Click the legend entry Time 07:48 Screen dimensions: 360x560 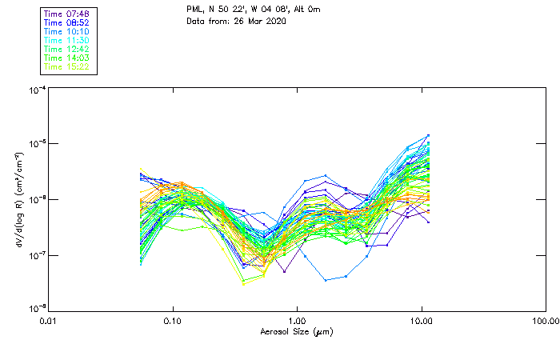pyautogui.click(x=67, y=14)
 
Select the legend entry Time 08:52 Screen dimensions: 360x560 pyautogui.click(x=67, y=22)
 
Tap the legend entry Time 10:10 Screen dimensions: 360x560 pyautogui.click(x=67, y=31)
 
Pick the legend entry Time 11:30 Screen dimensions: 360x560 pyautogui.click(x=67, y=40)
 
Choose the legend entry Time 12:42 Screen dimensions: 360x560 pyautogui.click(x=67, y=49)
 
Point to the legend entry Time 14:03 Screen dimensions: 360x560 pyautogui.click(x=67, y=58)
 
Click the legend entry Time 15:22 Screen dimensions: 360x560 pyautogui.click(x=67, y=66)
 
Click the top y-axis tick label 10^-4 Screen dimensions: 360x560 pyautogui.click(x=36, y=90)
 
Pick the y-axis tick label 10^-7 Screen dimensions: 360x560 pyautogui.click(x=36, y=255)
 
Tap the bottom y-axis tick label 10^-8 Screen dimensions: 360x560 pyautogui.click(x=36, y=309)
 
